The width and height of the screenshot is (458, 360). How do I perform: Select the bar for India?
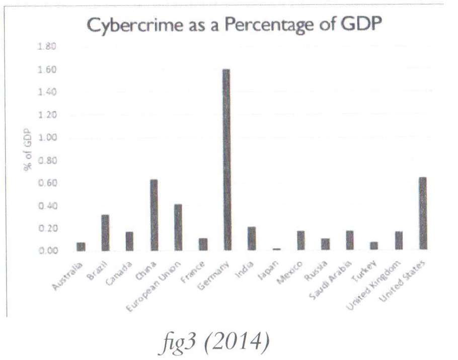(251, 238)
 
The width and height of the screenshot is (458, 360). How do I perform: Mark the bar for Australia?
(81, 246)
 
